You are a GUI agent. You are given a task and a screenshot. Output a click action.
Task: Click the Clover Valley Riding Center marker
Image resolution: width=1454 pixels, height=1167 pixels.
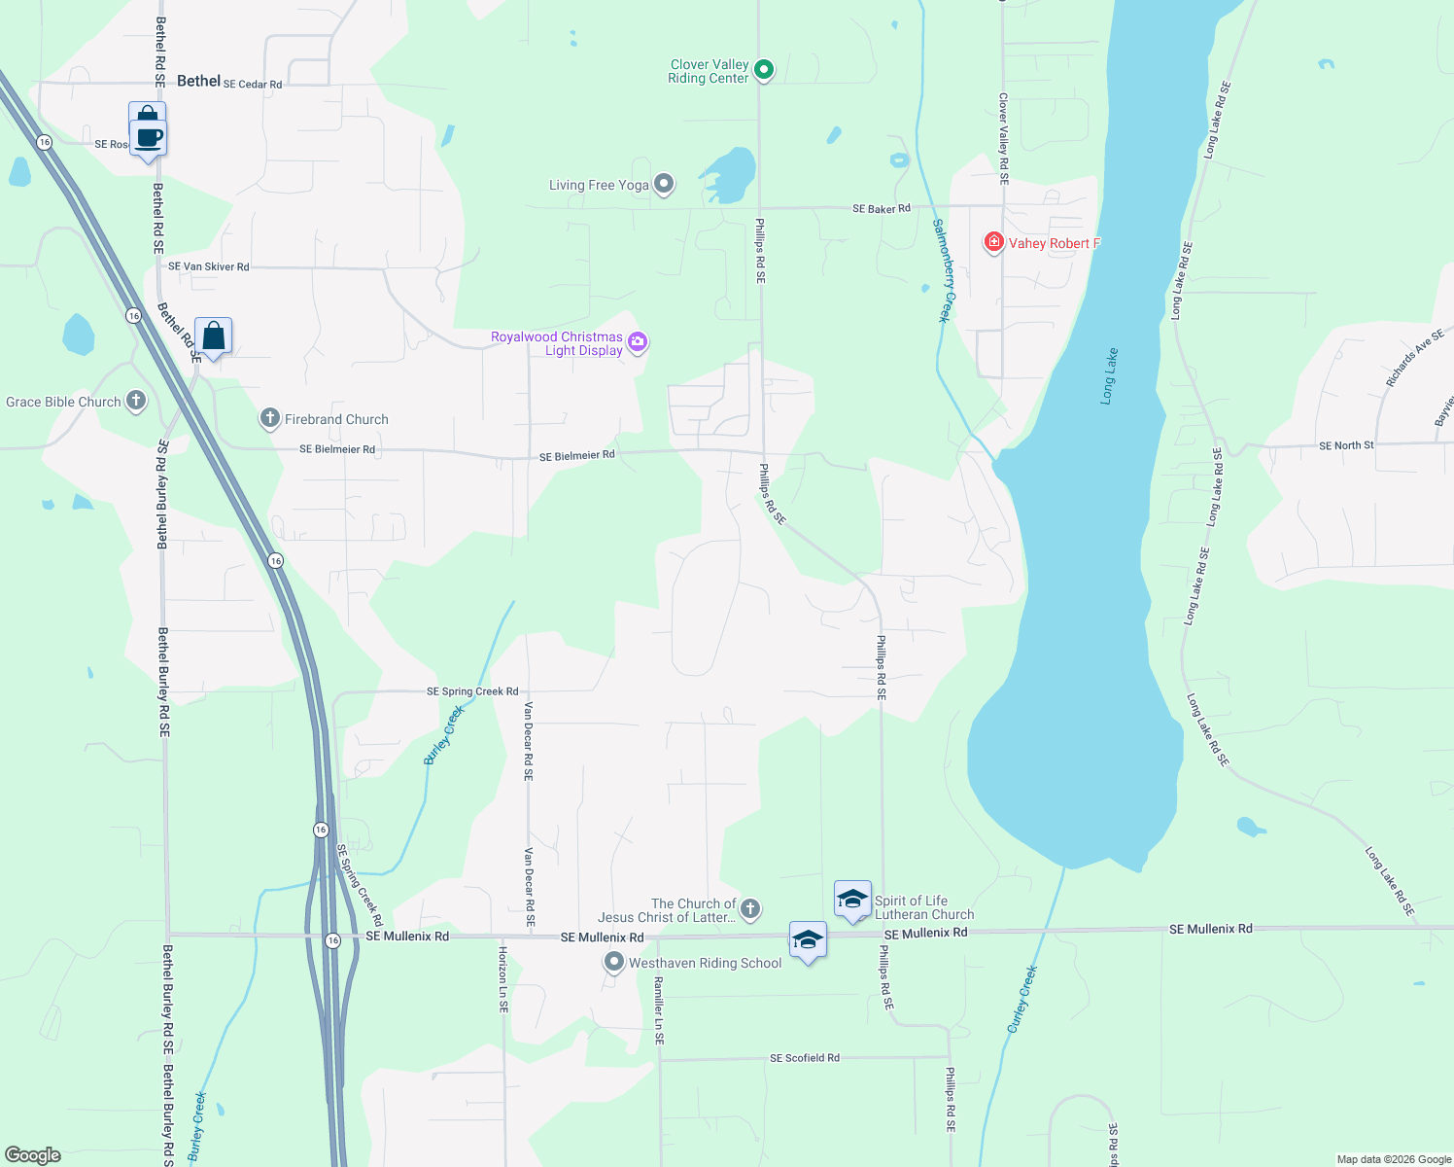764,69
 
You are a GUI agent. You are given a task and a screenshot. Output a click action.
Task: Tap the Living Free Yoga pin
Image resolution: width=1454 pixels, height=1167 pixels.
664,183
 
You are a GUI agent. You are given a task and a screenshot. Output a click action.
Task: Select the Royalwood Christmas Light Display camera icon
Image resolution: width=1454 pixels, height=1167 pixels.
638,341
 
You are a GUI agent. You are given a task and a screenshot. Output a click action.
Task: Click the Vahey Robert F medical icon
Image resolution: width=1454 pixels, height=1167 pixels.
993,242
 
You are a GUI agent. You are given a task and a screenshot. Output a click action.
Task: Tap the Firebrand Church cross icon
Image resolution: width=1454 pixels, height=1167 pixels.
269,418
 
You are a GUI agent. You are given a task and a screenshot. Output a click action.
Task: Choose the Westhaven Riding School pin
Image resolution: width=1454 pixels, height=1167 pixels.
613,962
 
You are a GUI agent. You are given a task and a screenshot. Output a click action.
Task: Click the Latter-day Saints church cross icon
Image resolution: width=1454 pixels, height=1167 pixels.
749,909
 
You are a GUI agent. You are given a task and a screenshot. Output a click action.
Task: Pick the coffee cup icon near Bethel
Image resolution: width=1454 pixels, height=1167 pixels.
148,137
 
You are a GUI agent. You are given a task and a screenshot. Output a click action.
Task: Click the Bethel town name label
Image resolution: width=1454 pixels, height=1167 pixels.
198,81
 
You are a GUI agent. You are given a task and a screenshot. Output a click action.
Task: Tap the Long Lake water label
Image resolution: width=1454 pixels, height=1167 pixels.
1109,376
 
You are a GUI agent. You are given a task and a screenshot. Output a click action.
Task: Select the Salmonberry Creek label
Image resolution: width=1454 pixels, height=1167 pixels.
942,270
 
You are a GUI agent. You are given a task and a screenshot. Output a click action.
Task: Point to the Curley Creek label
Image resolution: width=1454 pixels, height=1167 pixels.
1022,999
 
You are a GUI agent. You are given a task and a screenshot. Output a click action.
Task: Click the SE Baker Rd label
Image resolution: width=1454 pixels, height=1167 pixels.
882,208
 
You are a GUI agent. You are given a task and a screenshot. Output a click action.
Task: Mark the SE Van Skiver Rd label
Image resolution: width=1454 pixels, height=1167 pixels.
208,266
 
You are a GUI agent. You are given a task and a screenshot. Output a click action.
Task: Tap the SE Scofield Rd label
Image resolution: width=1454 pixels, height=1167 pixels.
804,1057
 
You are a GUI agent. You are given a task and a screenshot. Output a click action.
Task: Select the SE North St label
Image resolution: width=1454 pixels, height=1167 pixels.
1346,445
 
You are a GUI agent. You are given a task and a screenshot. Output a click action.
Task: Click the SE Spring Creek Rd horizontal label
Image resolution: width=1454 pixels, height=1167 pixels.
472,691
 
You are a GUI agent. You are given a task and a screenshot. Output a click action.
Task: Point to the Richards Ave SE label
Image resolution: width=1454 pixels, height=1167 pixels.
1415,358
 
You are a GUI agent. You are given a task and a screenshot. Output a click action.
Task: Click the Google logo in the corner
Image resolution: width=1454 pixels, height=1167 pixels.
32,1155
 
